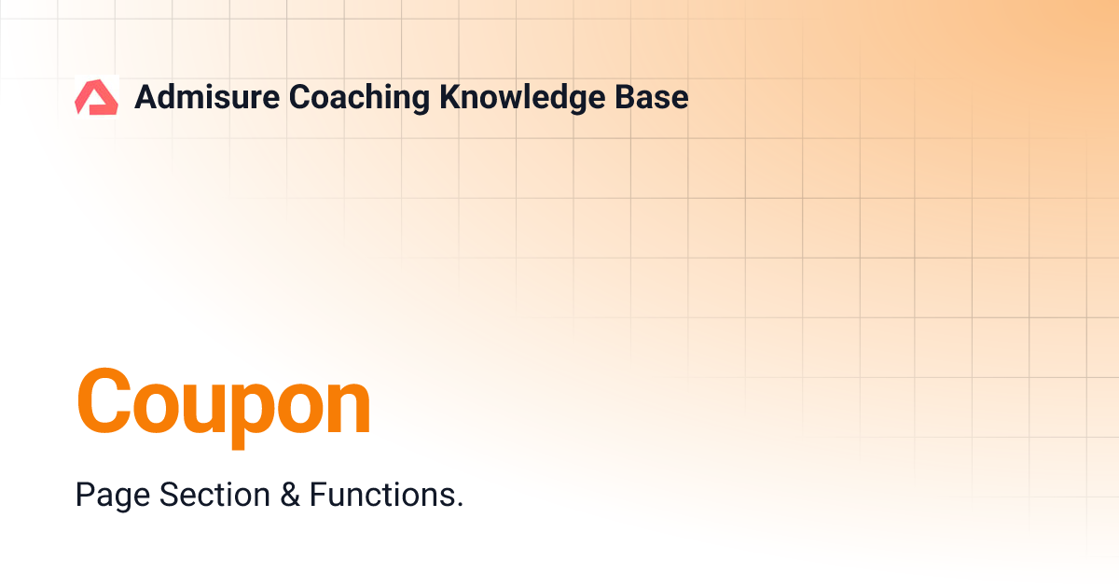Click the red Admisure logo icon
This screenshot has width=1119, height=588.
click(96, 97)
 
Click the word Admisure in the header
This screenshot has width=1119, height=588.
click(206, 97)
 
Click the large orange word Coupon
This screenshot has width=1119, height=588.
click(224, 403)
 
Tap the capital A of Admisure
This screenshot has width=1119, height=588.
click(146, 97)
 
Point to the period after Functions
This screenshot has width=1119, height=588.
click(459, 504)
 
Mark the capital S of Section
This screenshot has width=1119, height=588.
click(169, 494)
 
